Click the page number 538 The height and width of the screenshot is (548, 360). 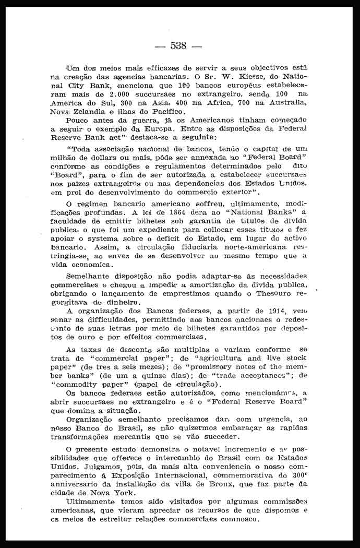tap(178, 45)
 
